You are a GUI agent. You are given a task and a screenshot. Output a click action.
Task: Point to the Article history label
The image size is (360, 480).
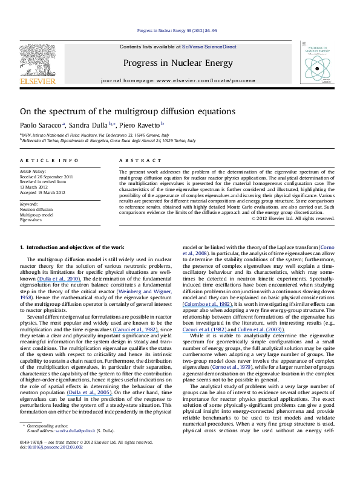pos(34,172)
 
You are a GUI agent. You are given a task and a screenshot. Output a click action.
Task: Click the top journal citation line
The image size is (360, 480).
pos(180,30)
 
